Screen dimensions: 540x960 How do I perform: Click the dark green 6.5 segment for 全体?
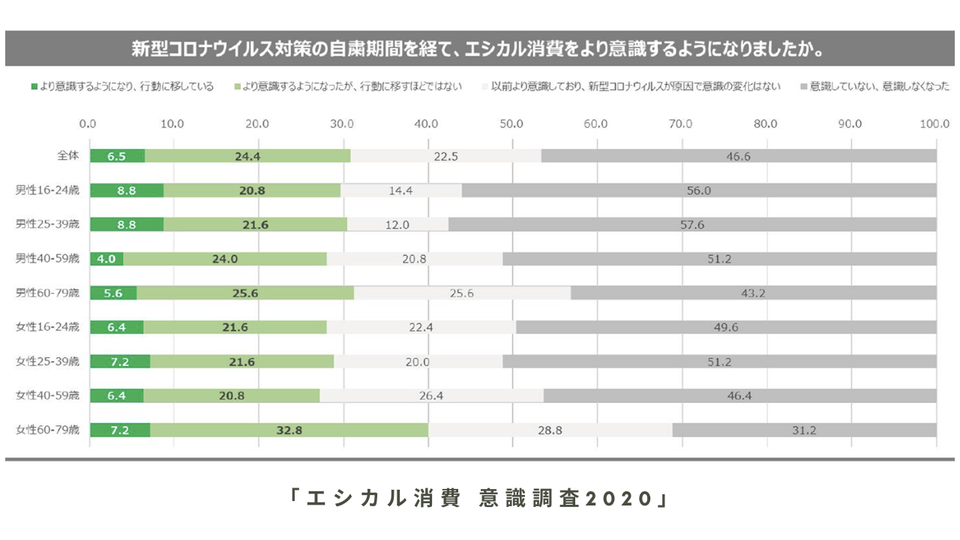[117, 156]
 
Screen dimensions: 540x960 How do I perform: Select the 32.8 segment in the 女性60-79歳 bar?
[289, 430]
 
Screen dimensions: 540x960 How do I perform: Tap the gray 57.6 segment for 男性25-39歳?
[691, 224]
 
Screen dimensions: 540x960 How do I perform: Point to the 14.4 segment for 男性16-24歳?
[401, 190]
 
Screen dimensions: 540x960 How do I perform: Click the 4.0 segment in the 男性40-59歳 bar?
[106, 259]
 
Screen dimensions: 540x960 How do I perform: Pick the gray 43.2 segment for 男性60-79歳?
[753, 293]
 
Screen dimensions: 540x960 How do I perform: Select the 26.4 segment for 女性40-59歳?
[431, 396]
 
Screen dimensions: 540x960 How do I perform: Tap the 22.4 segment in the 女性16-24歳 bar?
[421, 328]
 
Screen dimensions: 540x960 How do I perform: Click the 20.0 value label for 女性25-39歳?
[418, 361]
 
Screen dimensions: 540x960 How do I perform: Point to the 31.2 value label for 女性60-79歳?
[804, 430]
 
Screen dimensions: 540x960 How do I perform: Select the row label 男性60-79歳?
[47, 293]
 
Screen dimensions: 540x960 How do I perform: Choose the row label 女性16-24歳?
[47, 328]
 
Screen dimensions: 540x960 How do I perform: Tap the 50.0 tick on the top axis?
[512, 124]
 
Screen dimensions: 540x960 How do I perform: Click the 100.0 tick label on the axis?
[934, 124]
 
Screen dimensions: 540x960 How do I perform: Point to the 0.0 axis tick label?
[88, 124]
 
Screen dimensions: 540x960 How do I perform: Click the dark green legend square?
[34, 87]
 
